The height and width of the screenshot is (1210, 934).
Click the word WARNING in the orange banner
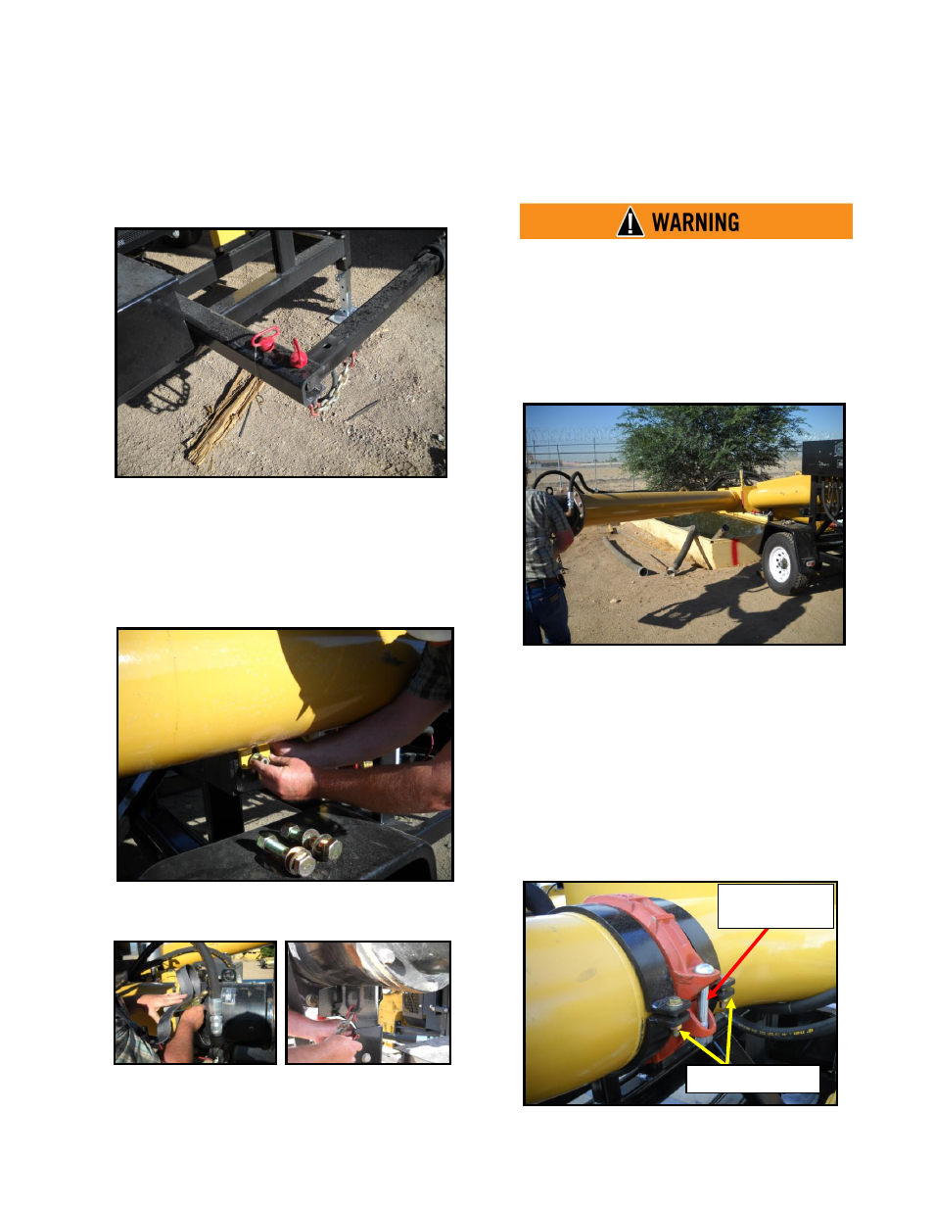tap(695, 221)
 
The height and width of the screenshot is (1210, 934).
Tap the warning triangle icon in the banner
tap(630, 221)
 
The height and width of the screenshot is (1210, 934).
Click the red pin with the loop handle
tap(265, 339)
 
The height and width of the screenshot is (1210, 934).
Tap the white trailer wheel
tap(782, 563)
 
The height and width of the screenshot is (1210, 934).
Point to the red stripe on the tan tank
tap(735, 552)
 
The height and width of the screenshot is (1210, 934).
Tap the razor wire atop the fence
tap(572, 434)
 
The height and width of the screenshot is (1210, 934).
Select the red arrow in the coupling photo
tap(738, 963)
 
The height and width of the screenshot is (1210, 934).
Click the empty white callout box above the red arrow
tap(775, 906)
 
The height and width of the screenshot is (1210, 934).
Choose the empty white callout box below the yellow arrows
tap(753, 1079)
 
